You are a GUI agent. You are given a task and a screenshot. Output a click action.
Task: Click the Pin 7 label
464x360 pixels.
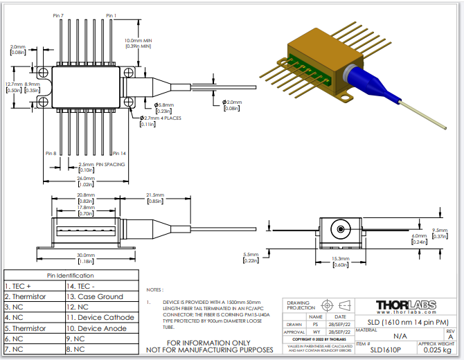57,15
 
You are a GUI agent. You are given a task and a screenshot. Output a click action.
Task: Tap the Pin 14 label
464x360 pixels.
118,153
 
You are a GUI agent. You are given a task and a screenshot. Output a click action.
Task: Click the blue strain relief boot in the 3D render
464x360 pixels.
373,87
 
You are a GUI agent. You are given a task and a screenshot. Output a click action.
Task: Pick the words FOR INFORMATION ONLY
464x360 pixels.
208,343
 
